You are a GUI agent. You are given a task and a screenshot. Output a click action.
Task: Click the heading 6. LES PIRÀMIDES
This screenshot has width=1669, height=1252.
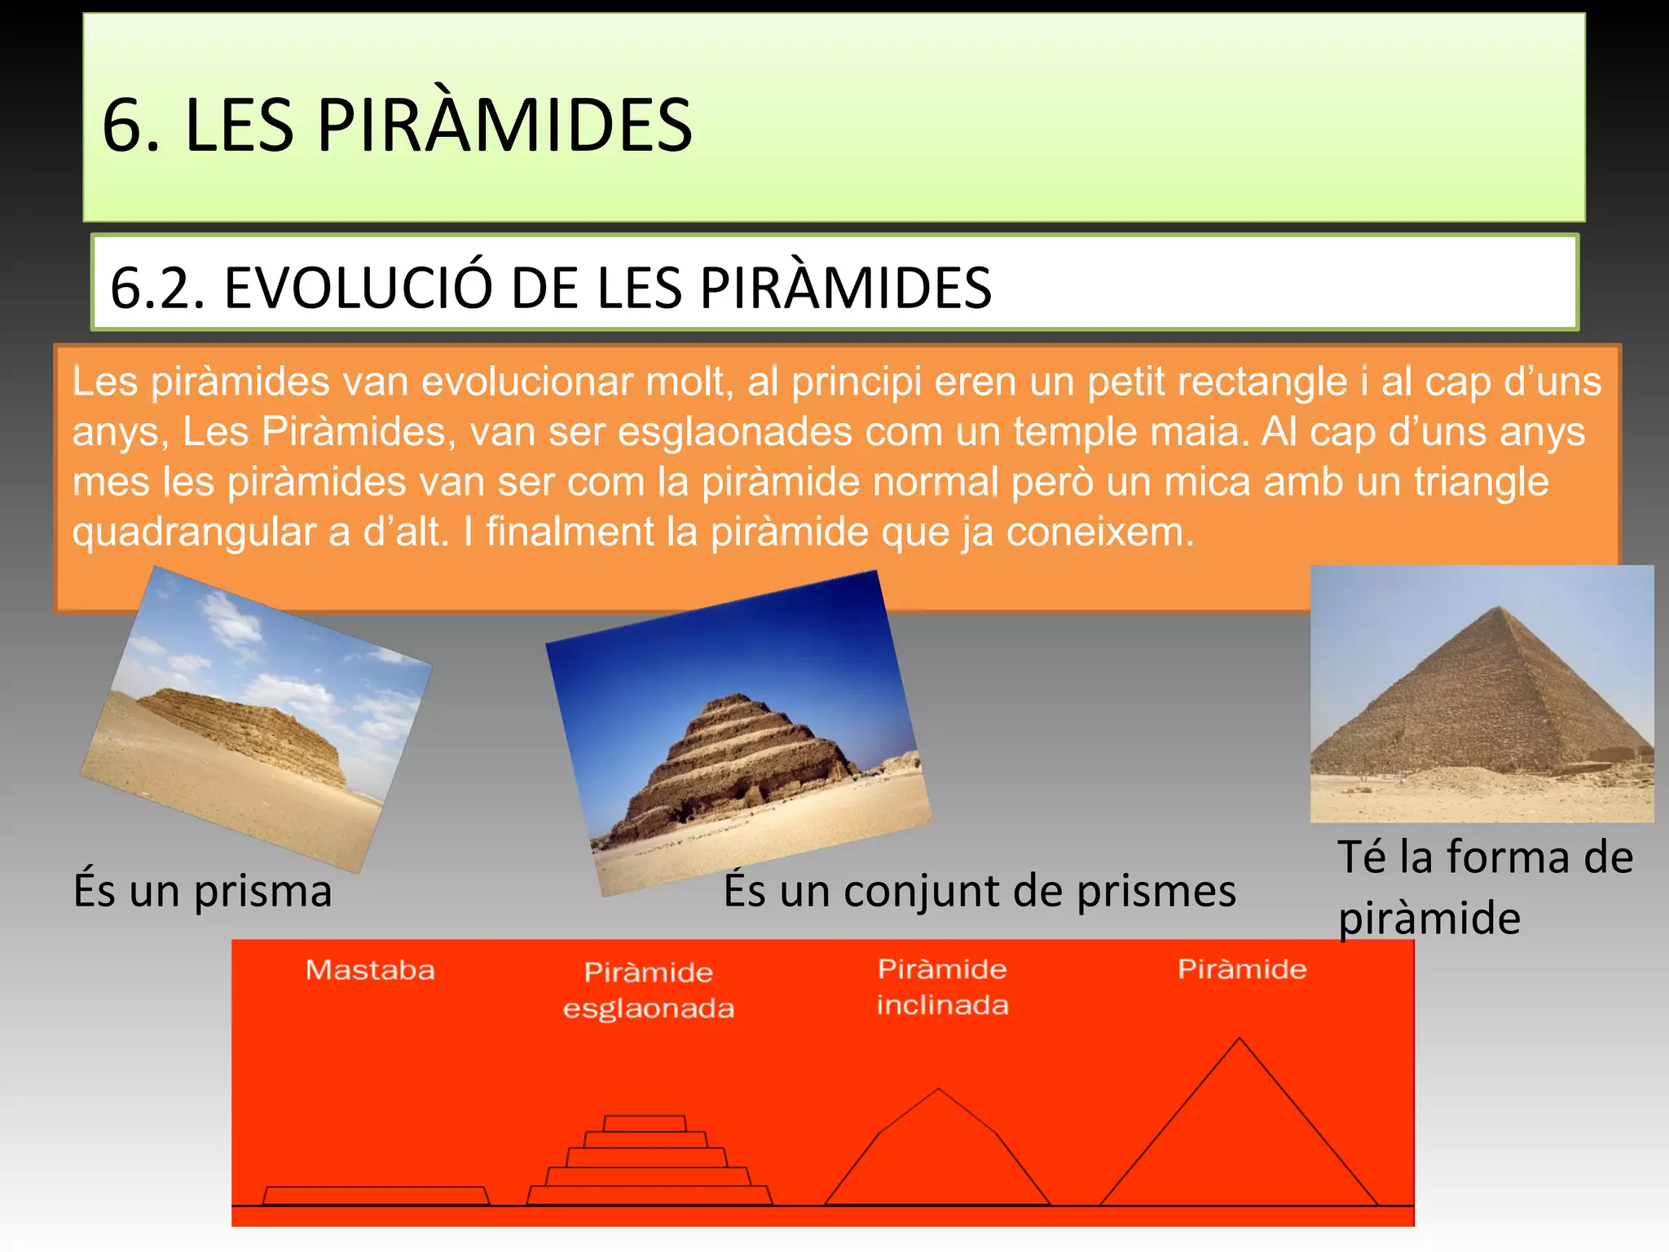coord(397,125)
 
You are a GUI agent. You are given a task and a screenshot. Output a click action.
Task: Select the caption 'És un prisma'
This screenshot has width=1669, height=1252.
coord(203,890)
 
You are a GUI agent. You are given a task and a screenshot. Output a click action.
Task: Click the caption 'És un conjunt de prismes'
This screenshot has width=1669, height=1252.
coord(979,890)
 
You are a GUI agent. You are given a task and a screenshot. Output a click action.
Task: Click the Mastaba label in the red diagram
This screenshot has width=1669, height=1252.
coord(370,970)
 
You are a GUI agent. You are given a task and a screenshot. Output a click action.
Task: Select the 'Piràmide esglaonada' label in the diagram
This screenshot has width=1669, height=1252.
coord(649,990)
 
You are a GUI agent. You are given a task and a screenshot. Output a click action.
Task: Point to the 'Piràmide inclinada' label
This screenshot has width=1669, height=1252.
coord(942,986)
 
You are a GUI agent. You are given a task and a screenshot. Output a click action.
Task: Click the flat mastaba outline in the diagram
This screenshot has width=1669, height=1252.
coord(376,1196)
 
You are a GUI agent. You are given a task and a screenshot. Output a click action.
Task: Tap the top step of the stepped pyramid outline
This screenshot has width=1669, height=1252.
coord(645,1123)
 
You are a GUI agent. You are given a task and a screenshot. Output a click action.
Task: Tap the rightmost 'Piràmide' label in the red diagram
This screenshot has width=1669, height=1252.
coord(1241,969)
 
